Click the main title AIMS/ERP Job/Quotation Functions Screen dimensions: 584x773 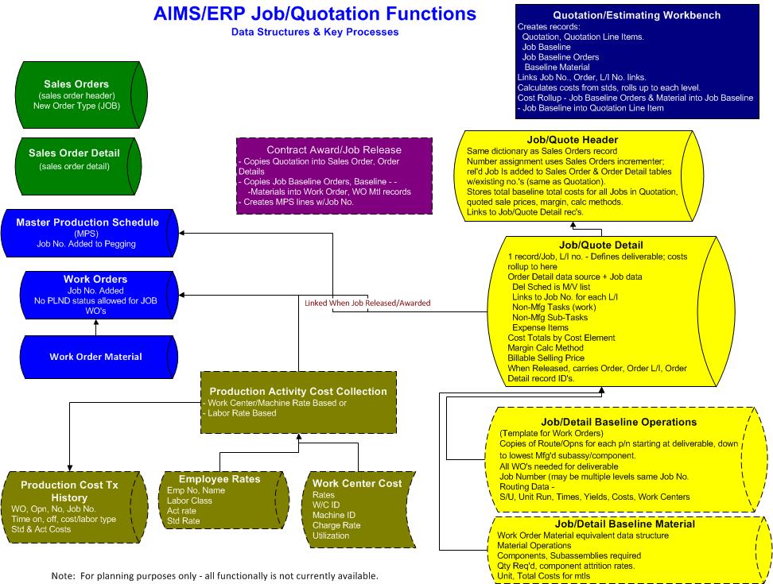(x=315, y=14)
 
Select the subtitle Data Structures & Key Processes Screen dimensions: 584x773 (x=315, y=33)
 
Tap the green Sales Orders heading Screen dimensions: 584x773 (x=76, y=83)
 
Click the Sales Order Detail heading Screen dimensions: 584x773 (x=74, y=153)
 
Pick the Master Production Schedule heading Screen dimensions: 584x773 (x=87, y=222)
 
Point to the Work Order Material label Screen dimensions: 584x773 (x=95, y=357)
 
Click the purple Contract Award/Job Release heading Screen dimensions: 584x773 (x=334, y=149)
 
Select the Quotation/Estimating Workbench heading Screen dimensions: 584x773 (x=636, y=15)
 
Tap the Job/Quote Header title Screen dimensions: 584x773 (x=572, y=140)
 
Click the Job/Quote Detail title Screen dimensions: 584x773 (x=601, y=245)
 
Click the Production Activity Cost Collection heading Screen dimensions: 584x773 (x=298, y=391)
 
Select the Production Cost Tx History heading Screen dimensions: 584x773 (x=71, y=490)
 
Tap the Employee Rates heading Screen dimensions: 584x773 (x=219, y=479)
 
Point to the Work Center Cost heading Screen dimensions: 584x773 (x=357, y=483)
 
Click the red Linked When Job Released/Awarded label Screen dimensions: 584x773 (x=367, y=303)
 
